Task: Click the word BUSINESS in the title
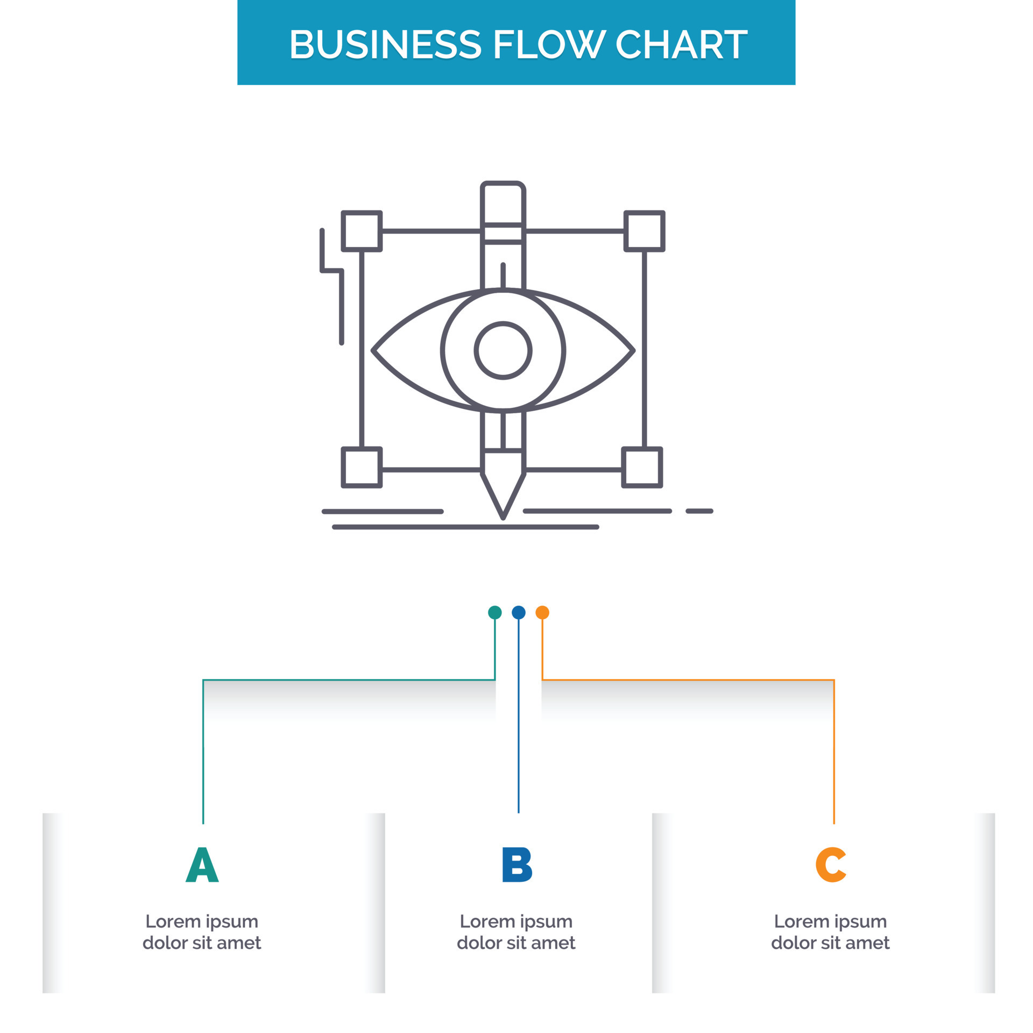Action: [385, 44]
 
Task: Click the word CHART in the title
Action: [681, 44]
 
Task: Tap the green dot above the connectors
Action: [494, 612]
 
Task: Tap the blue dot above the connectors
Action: [518, 612]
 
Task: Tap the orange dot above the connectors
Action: [542, 612]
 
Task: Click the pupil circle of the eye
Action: [503, 351]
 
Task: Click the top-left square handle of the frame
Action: [362, 231]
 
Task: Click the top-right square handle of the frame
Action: [644, 231]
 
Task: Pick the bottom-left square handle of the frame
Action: [362, 467]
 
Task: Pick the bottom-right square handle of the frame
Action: [642, 467]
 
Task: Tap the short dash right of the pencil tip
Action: [699, 511]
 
